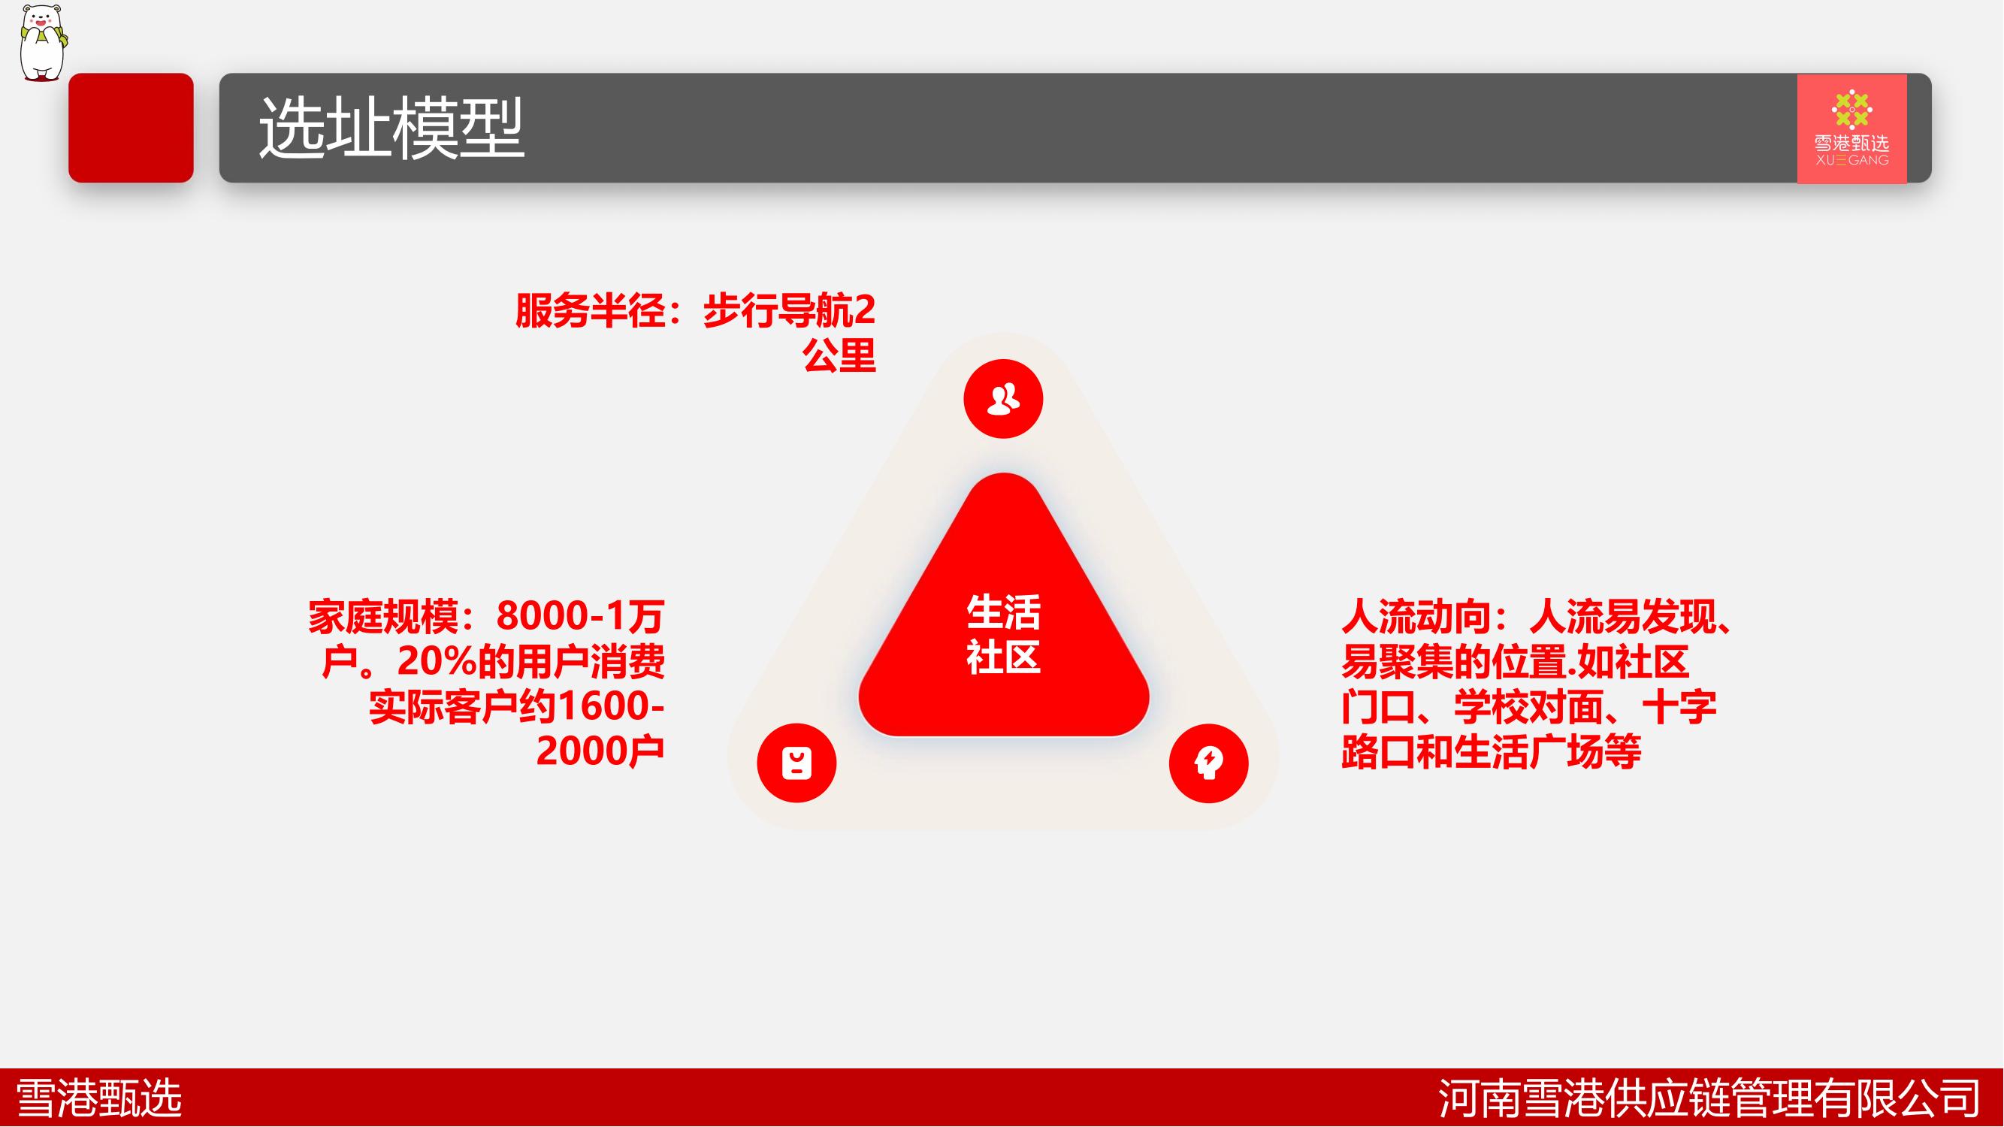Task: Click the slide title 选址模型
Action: click(391, 128)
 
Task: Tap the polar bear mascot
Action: click(44, 42)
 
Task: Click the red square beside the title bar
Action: click(131, 128)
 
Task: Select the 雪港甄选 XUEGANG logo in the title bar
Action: click(1851, 128)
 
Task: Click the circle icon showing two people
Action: click(1003, 398)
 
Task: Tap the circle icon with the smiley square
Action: click(796, 763)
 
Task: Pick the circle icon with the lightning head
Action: click(1209, 763)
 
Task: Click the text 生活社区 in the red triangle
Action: click(1004, 634)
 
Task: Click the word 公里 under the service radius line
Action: click(839, 355)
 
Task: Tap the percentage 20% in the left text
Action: click(437, 661)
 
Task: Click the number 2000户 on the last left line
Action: click(600, 751)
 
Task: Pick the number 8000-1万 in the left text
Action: click(580, 616)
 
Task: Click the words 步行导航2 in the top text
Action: click(790, 310)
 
